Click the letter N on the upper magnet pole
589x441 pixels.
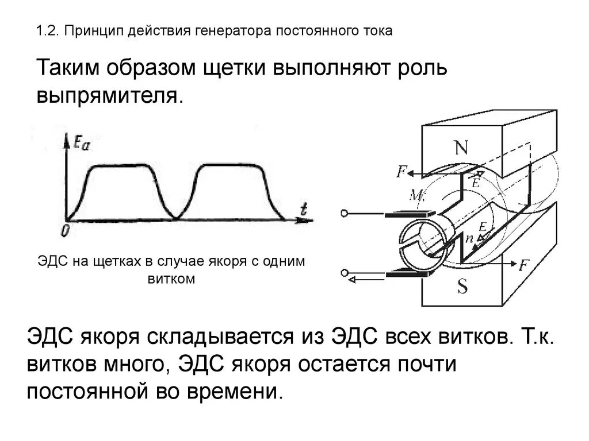click(x=461, y=148)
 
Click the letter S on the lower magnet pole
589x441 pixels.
click(x=462, y=287)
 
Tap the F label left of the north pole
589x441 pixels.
click(x=401, y=171)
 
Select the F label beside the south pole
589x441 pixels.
click(x=523, y=265)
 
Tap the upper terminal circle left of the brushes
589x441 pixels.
click(x=345, y=214)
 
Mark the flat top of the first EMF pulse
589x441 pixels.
click(x=124, y=166)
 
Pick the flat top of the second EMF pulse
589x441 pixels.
click(x=229, y=166)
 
